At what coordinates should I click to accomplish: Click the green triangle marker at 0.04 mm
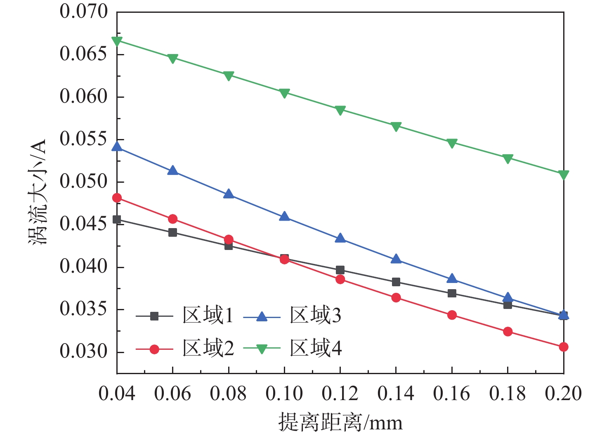coord(117,41)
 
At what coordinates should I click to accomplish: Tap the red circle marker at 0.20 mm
coord(564,347)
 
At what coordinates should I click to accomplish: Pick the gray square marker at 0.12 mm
coord(340,270)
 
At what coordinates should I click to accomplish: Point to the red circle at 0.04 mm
coord(117,198)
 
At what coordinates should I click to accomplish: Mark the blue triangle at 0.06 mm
coord(173,171)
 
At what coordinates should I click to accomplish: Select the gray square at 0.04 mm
coord(117,219)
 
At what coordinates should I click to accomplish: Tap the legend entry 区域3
coord(315,316)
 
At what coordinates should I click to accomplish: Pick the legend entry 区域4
coord(315,349)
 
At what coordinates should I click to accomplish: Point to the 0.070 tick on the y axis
coord(84,12)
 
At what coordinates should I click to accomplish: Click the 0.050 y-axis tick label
coord(84,181)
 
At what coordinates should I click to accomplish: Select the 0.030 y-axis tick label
coord(84,352)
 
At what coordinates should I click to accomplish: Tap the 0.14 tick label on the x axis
coord(396,394)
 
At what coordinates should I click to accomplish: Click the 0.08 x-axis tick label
coord(228,394)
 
